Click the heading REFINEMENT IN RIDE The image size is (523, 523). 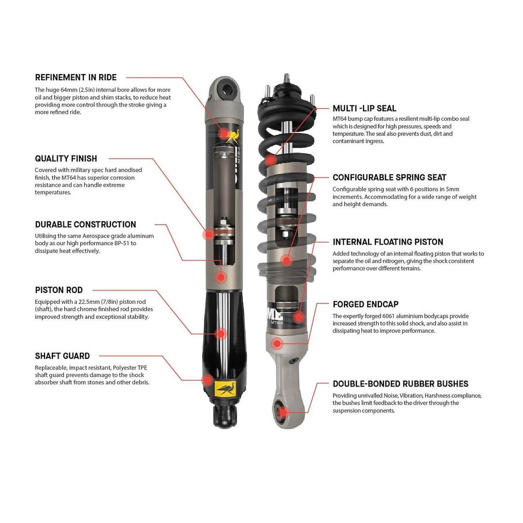pos(76,77)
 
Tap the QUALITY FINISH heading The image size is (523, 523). pos(66,158)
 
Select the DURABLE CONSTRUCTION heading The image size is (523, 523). pos(85,224)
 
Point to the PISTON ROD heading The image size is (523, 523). pos(59,290)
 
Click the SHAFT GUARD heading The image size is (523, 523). pos(62,356)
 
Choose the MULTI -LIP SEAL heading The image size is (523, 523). pos(364,108)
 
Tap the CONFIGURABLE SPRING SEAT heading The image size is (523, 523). pos(389,177)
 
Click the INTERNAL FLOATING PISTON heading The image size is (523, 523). pos(388,242)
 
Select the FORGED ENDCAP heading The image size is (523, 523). pos(366,304)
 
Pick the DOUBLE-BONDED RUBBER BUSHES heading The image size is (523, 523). pos(400,384)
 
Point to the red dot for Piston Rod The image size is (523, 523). pos(221,334)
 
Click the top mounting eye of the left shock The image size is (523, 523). pos(226,88)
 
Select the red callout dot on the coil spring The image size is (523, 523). pos(271,159)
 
